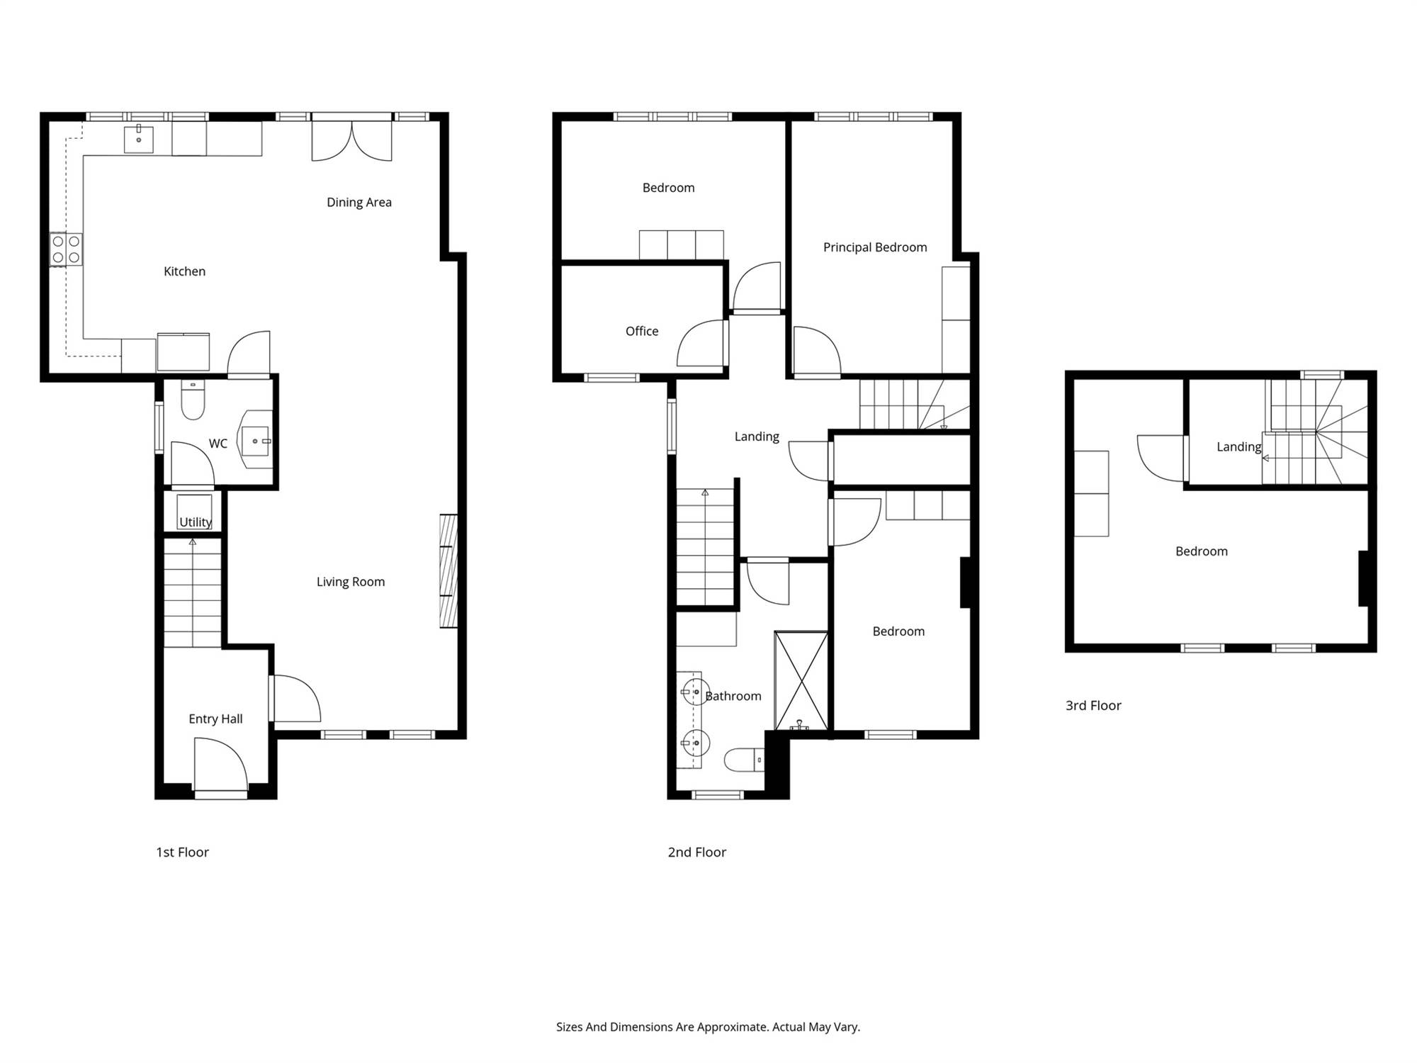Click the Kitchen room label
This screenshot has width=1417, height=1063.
coord(184,271)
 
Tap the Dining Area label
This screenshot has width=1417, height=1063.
coord(359,203)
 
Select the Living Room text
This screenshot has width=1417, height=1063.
coord(351,583)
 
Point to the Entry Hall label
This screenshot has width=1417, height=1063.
coord(215,719)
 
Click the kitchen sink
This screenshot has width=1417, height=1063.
coord(139,139)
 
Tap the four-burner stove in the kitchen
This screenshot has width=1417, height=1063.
coord(66,250)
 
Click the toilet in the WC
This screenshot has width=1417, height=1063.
coord(193,400)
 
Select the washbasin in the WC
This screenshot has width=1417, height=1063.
coord(256,440)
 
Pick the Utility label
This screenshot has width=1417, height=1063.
coord(196,522)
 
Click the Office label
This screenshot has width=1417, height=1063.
coord(642,332)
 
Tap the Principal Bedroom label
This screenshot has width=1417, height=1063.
coord(875,248)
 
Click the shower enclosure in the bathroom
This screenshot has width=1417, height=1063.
coord(801,680)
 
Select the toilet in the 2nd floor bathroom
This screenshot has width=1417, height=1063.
coord(744,760)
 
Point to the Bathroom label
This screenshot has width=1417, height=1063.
coord(733,697)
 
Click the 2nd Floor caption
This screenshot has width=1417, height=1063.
coord(697,853)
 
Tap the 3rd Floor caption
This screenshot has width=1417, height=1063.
coord(1093,706)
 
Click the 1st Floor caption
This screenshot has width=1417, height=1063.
coord(182,853)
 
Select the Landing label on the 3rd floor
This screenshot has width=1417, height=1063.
coord(1239,447)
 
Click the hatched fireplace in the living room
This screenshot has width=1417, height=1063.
coord(448,571)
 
